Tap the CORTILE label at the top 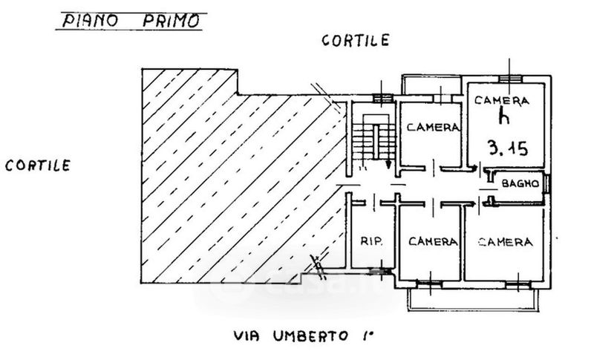[x=355, y=42]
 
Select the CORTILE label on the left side [x=38, y=166]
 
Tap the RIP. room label [x=371, y=241]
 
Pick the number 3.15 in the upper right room [x=508, y=148]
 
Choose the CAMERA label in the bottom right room [x=505, y=241]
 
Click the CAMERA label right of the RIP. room [x=432, y=241]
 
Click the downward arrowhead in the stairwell [x=389, y=166]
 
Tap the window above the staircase [x=382, y=97]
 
